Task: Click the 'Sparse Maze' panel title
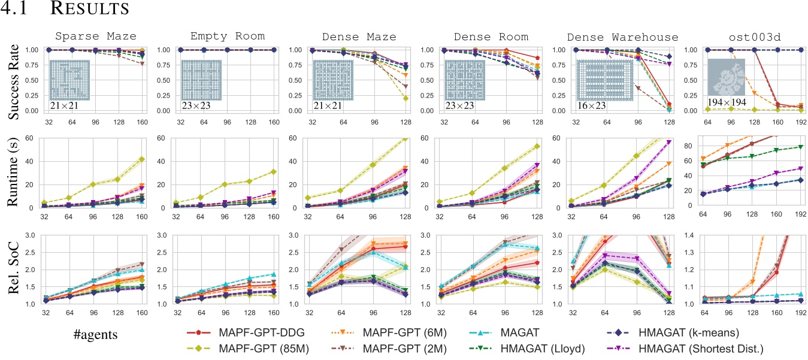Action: [x=93, y=37]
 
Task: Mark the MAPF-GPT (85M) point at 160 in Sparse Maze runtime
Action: [x=141, y=159]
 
